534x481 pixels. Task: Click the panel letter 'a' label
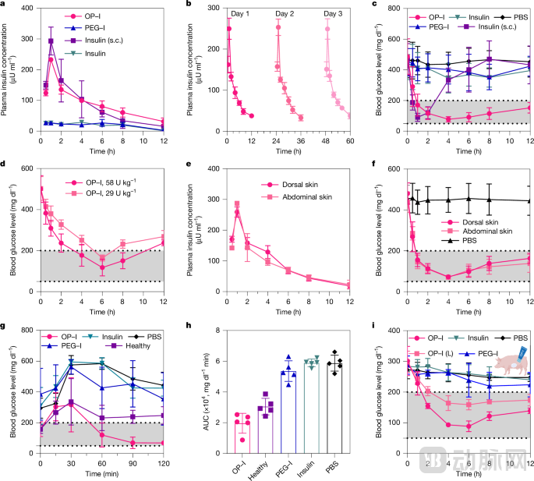[x=4, y=5]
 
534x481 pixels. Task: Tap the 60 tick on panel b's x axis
[x=350, y=141]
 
